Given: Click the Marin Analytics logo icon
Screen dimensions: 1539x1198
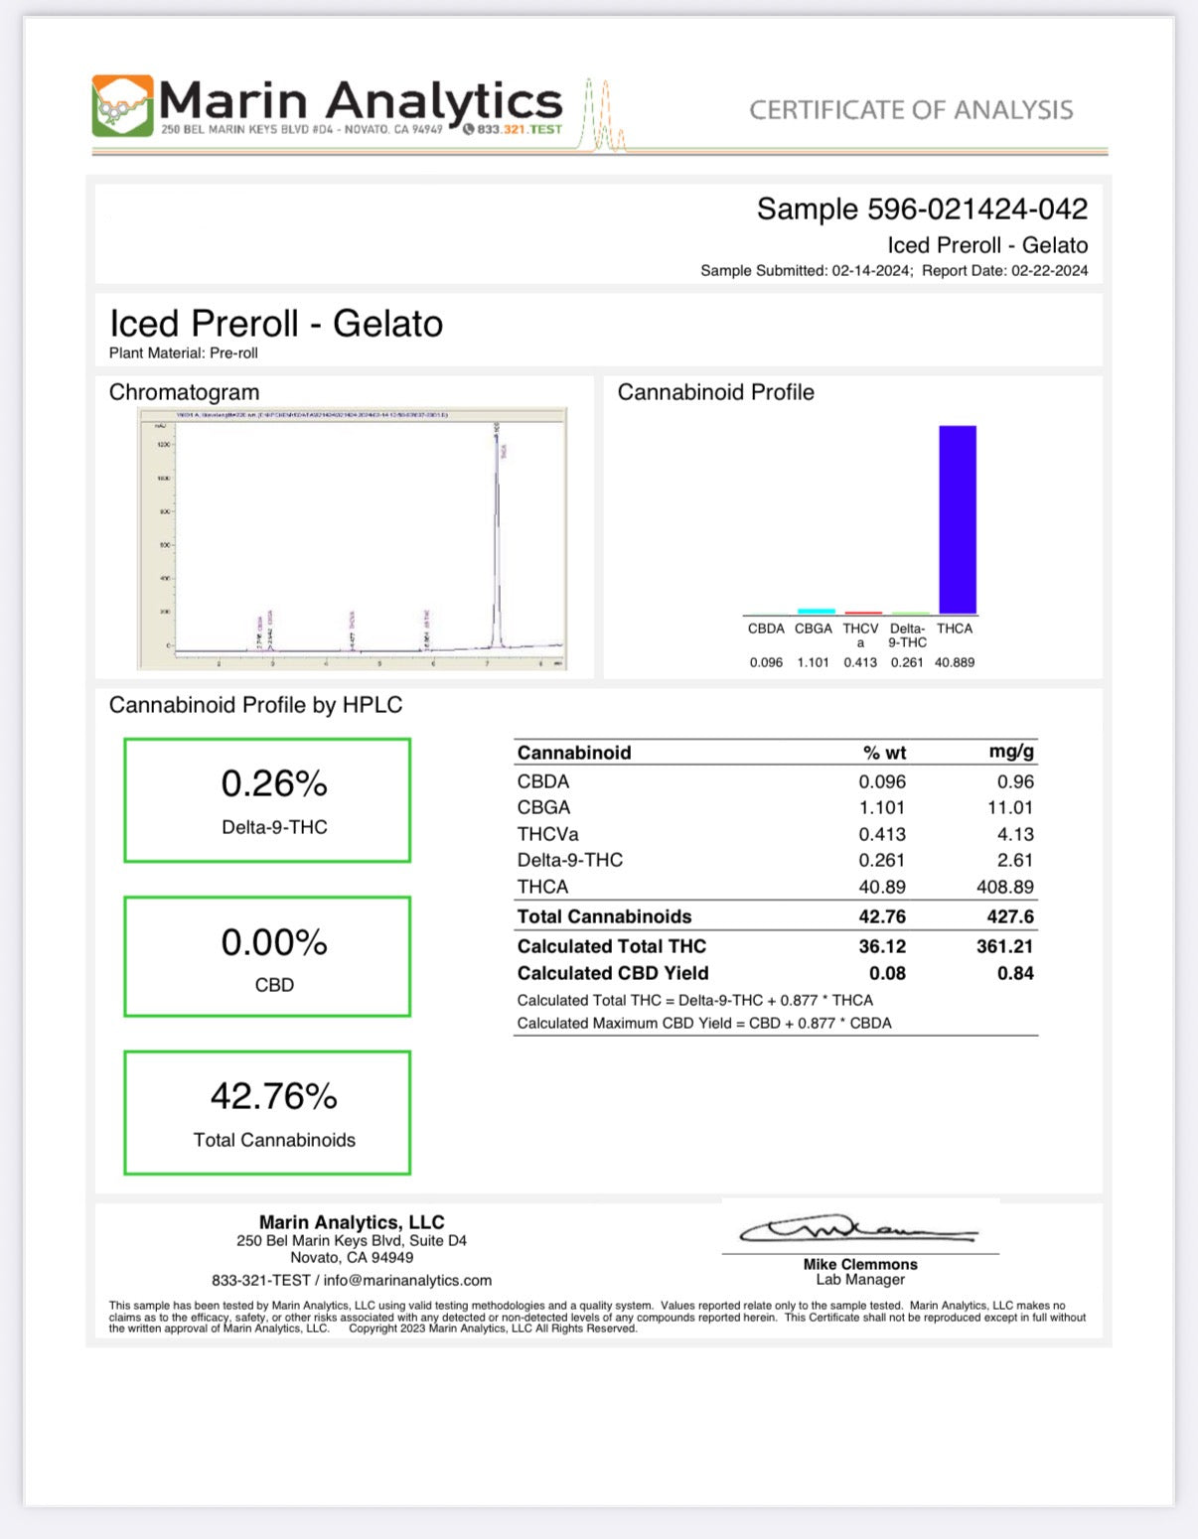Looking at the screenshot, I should coord(122,105).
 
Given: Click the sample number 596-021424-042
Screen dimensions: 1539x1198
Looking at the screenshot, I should coord(977,210).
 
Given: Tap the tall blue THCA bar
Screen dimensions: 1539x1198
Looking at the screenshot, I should coord(958,519).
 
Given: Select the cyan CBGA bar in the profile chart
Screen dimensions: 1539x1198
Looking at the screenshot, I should coord(816,612).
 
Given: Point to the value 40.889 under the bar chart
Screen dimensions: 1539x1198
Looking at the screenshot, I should coord(955,662).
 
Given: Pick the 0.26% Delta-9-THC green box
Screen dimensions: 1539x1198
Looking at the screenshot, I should coord(267,800).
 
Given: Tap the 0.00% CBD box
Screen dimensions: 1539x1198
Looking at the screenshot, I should coord(267,956).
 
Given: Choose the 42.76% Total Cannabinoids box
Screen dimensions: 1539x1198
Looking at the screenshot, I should coord(267,1113).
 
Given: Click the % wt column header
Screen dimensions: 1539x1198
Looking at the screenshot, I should coord(884,753).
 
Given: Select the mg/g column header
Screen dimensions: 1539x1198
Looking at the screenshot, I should coord(1011,752).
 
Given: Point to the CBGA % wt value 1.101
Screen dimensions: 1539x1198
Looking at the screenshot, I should coord(882,808).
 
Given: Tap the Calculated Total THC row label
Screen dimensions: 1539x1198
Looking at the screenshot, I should coord(612,946).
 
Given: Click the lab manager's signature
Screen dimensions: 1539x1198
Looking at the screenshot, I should coord(858,1231).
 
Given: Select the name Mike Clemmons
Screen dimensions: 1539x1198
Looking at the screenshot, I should coord(860,1264).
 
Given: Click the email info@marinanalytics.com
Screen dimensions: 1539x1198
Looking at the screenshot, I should coord(407,1281).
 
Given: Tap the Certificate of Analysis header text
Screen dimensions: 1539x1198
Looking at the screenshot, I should coord(911,110).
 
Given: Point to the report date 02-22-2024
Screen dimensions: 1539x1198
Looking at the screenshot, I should coord(1049,271).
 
